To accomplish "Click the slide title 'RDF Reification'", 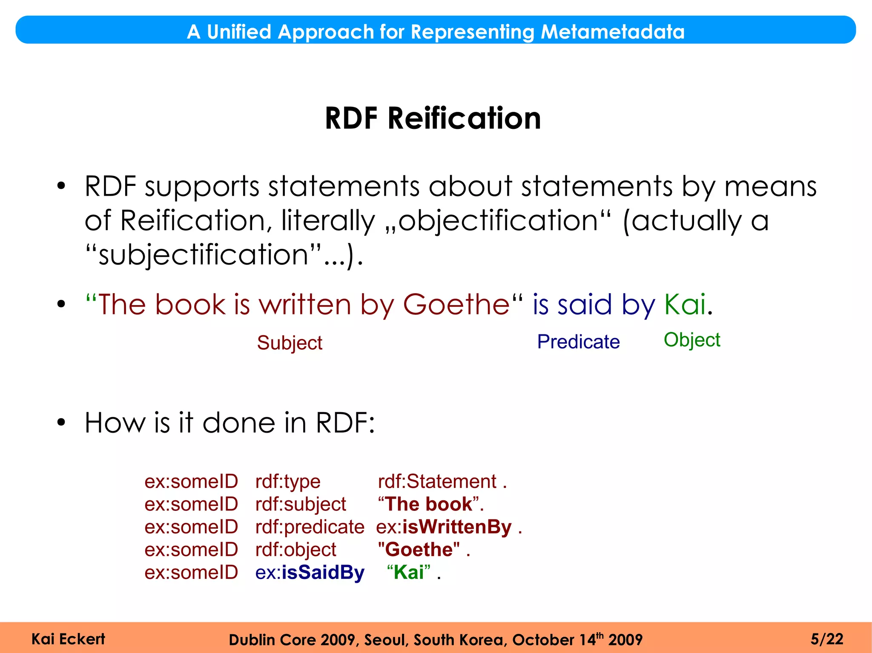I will click(433, 118).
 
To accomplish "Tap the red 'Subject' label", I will click(290, 343).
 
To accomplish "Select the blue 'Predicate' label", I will click(578, 342).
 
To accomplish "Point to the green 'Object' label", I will click(692, 340).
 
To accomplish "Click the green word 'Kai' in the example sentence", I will click(685, 305).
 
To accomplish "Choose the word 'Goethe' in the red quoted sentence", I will click(456, 305).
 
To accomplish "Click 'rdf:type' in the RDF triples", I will click(288, 482).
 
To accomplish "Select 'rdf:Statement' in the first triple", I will click(437, 482).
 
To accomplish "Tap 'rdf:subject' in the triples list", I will click(301, 505).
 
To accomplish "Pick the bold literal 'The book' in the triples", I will click(429, 505).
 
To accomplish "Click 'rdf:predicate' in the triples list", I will click(310, 527).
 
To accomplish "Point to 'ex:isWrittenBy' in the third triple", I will click(444, 527).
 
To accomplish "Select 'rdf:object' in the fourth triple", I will click(296, 550).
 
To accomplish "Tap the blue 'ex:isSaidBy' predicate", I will click(310, 573).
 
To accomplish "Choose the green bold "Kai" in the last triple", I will click(409, 573).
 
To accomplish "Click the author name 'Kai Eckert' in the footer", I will click(68, 639).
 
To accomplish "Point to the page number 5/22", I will click(827, 639).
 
